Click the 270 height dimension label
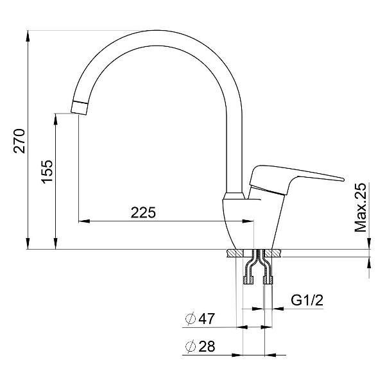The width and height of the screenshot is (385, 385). click(19, 141)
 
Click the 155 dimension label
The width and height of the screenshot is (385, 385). click(46, 173)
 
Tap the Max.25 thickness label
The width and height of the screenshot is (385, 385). click(361, 207)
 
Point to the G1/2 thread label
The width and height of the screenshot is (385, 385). click(306, 300)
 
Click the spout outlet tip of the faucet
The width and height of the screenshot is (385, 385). click(78, 108)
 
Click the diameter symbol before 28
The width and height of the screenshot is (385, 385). click(190, 346)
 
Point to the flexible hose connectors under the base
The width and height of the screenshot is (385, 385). click(257, 269)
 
